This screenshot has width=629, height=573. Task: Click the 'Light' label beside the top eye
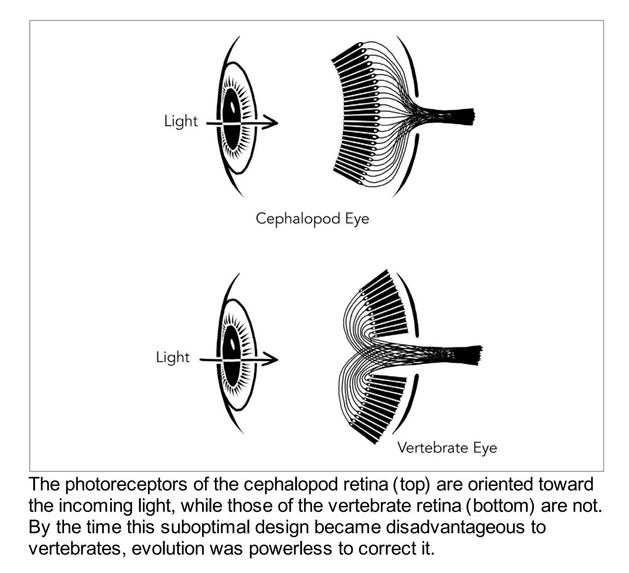pyautogui.click(x=181, y=121)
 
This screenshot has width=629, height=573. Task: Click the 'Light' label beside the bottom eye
pyautogui.click(x=173, y=357)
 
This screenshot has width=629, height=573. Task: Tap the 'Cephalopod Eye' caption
pyautogui.click(x=313, y=219)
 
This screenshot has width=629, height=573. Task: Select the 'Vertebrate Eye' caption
pyautogui.click(x=447, y=448)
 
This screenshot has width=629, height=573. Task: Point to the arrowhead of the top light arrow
pyautogui.click(x=271, y=124)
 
